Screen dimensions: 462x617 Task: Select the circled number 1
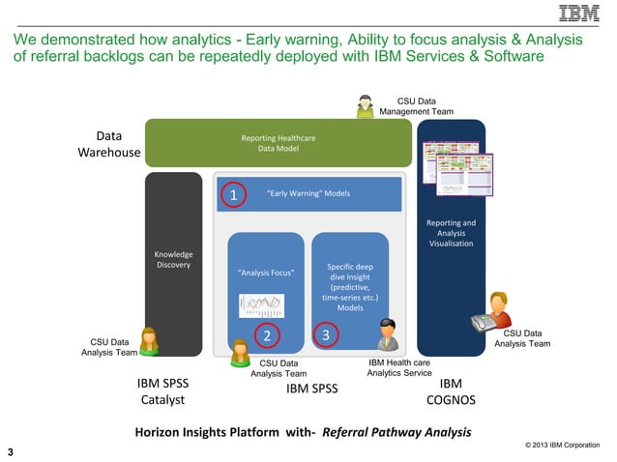point(233,195)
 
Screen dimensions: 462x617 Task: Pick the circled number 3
point(327,335)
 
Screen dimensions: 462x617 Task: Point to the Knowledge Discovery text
point(173,259)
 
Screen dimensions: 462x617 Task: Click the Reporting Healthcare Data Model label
point(279,143)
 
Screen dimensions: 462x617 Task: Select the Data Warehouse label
point(108,144)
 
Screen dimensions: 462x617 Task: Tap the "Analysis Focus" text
point(266,273)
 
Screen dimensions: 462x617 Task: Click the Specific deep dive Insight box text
point(350,287)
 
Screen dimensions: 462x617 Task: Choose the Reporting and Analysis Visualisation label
point(451,233)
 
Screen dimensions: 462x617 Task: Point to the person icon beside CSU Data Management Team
point(366,105)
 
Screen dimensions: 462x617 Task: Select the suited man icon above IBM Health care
point(386,334)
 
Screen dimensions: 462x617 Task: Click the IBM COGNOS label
point(451,390)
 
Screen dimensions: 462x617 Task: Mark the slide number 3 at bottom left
point(11,451)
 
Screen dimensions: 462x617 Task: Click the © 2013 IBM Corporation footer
point(566,446)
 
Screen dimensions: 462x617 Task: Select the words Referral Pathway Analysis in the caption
point(396,431)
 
